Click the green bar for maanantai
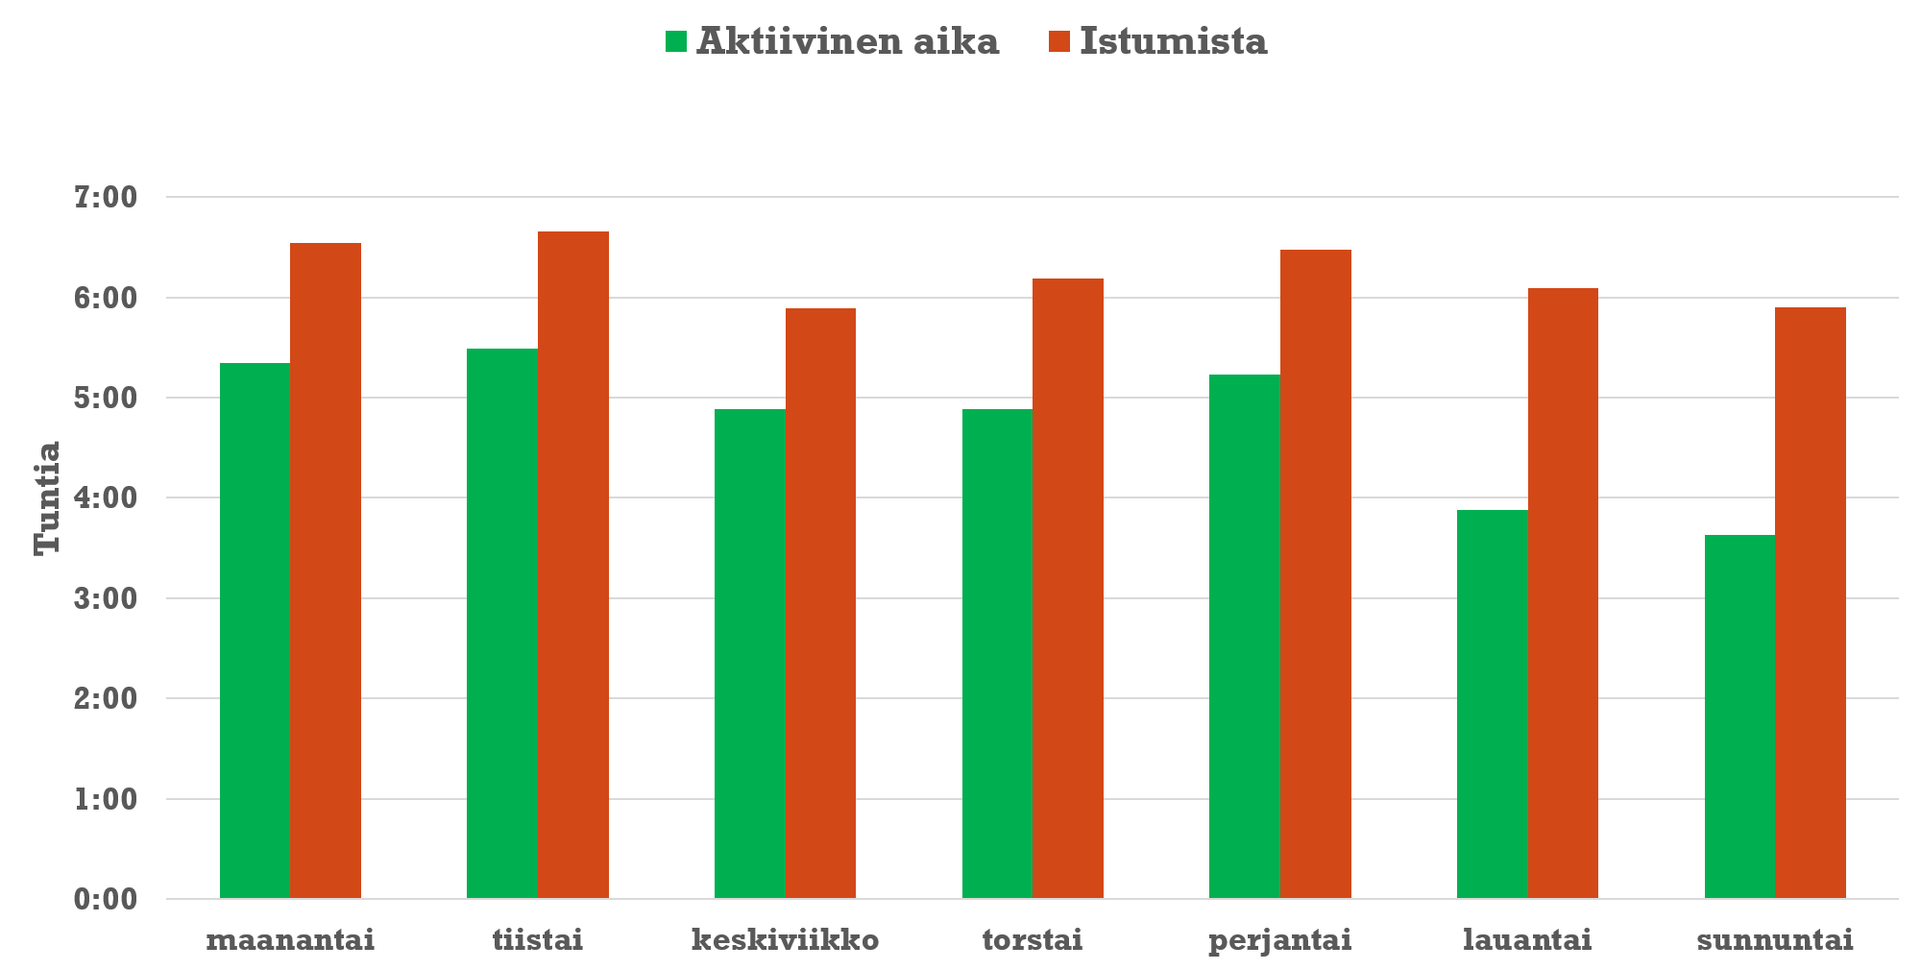click(255, 631)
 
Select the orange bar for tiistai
click(572, 565)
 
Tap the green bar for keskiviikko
click(749, 654)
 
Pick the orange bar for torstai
click(1068, 589)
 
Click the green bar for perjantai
click(1245, 637)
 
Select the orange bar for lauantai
click(1563, 594)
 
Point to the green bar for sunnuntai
click(1739, 716)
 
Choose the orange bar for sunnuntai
click(1811, 603)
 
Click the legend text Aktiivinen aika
click(847, 41)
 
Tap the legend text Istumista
click(1173, 41)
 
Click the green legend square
click(676, 41)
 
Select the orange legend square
click(1058, 41)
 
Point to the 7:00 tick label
click(106, 198)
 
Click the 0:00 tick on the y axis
click(106, 900)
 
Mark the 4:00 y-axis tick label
click(106, 498)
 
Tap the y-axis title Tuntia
click(47, 497)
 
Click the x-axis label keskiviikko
click(785, 939)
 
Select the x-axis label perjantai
click(1279, 939)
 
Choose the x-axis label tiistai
click(538, 939)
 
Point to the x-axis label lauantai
click(1527, 939)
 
